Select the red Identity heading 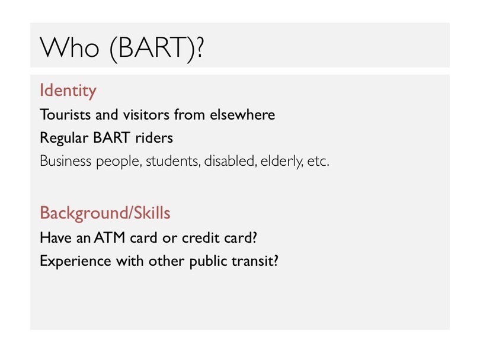(x=68, y=91)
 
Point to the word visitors (x=146, y=115)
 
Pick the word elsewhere (x=242, y=115)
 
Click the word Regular (x=64, y=138)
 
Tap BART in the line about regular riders (x=112, y=137)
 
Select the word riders (x=154, y=138)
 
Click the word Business (x=66, y=161)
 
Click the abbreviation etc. (x=318, y=162)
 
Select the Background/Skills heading (x=105, y=213)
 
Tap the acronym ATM (x=110, y=237)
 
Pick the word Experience (x=75, y=262)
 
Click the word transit (x=252, y=261)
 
